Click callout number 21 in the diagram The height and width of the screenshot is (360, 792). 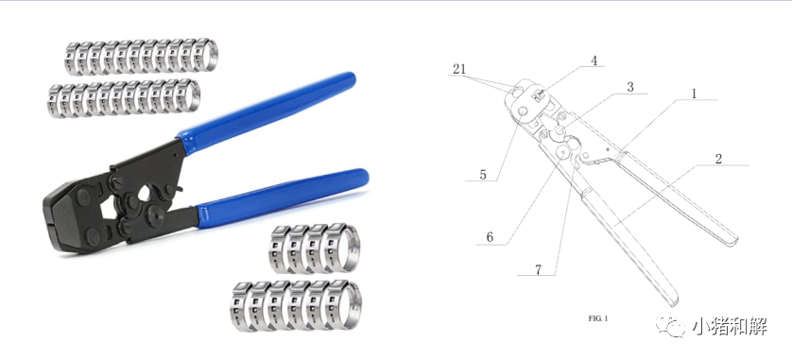click(459, 69)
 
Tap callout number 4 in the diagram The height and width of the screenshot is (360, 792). click(594, 60)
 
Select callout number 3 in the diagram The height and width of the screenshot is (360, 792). click(630, 87)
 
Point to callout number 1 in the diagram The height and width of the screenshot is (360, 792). click(694, 94)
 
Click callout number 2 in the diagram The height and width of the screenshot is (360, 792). click(718, 159)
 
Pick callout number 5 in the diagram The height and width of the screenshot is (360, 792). click(483, 175)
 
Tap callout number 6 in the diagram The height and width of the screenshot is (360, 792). click(490, 237)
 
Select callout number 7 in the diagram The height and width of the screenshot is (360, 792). click(539, 270)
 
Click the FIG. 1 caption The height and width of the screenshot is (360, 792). click(598, 318)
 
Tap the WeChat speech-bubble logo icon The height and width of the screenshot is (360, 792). click(670, 326)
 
